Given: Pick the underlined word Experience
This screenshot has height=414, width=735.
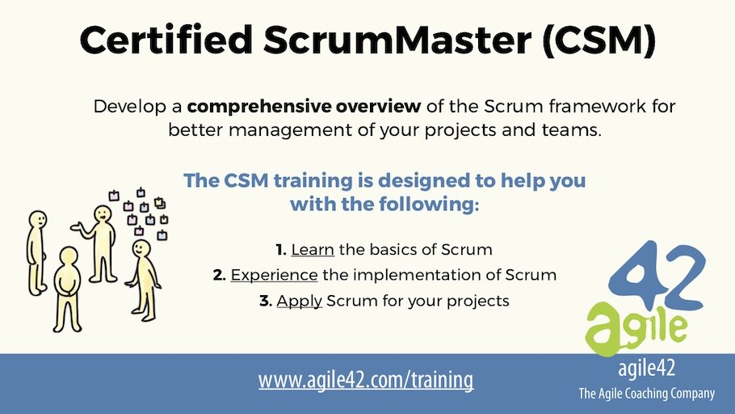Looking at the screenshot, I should (274, 275).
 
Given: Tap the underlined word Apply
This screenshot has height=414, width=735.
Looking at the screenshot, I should (300, 301).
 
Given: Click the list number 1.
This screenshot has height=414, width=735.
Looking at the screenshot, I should (280, 249).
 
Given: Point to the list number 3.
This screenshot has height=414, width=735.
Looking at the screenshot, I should (265, 301).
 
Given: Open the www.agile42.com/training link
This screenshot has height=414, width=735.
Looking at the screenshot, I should (366, 378).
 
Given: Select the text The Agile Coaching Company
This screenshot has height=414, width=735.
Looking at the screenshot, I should (646, 394).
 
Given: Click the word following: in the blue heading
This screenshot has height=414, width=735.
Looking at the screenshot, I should (431, 205).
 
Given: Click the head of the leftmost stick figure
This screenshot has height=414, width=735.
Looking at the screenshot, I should (37, 219).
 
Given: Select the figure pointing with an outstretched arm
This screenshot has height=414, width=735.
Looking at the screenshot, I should (101, 243).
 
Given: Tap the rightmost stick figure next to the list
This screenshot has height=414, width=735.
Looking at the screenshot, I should (143, 279).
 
